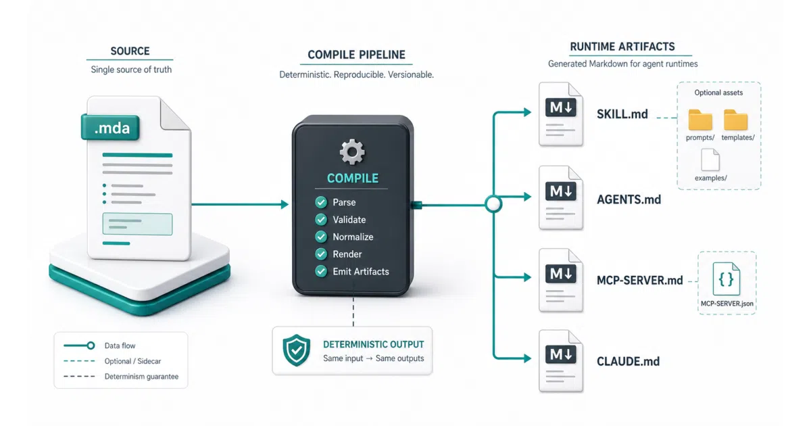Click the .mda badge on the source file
(x=110, y=127)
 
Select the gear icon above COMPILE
(x=352, y=151)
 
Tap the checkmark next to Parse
(x=321, y=202)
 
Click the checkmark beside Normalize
(x=321, y=237)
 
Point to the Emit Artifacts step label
(x=361, y=271)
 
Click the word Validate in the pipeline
(x=349, y=220)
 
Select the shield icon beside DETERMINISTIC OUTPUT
(x=297, y=350)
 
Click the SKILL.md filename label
(x=622, y=114)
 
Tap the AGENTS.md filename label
(x=629, y=199)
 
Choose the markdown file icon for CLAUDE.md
(x=561, y=361)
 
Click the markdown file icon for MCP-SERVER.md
(x=561, y=280)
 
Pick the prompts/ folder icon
(x=700, y=120)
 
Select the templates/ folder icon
(x=736, y=120)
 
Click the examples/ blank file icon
(x=710, y=160)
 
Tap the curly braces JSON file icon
(x=726, y=279)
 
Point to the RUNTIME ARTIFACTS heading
(x=622, y=47)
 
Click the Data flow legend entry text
(x=120, y=346)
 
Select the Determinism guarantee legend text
(x=141, y=377)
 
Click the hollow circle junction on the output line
(x=493, y=204)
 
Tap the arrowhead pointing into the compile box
(x=285, y=204)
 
